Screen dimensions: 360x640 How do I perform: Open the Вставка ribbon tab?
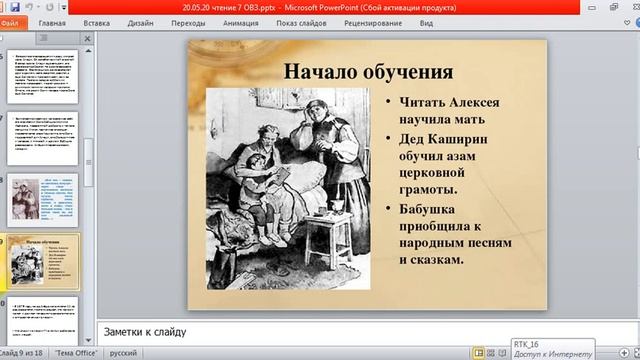coord(97,21)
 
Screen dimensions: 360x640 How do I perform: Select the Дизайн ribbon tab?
coord(141,21)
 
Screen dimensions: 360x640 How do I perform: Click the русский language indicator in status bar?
coord(123,353)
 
